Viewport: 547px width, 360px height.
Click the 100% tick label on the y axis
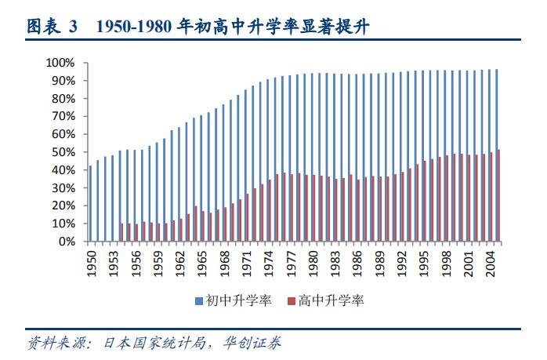[60, 63]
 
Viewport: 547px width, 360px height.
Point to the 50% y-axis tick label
[63, 152]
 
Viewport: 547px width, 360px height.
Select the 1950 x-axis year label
[91, 261]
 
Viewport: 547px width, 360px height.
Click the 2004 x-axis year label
[491, 261]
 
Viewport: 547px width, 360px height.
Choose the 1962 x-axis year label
[180, 261]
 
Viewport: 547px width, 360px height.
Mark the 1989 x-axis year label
[380, 261]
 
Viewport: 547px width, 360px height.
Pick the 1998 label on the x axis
[447, 261]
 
